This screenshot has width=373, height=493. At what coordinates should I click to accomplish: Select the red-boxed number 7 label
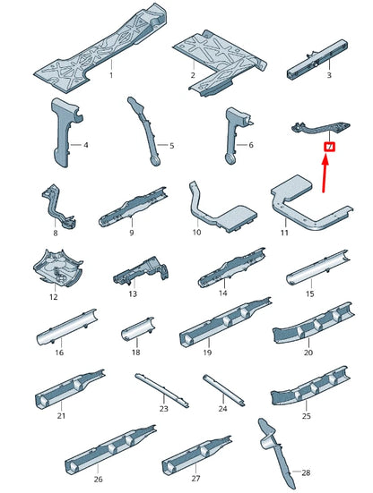pyautogui.click(x=330, y=147)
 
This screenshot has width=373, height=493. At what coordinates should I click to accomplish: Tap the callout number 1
pyautogui.click(x=111, y=75)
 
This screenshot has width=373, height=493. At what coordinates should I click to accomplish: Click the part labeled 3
pyautogui.click(x=317, y=59)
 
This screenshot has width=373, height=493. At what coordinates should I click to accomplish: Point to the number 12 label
pyautogui.click(x=54, y=297)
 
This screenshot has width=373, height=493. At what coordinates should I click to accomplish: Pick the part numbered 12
pyautogui.click(x=57, y=268)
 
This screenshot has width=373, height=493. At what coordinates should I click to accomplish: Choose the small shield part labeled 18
pyautogui.click(x=138, y=329)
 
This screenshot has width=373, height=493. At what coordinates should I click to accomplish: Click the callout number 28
pyautogui.click(x=306, y=472)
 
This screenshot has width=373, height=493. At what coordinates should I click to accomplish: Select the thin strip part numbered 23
pyautogui.click(x=162, y=390)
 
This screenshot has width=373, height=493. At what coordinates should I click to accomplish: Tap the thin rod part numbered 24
pyautogui.click(x=223, y=390)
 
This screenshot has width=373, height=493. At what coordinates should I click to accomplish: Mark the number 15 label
pyautogui.click(x=310, y=293)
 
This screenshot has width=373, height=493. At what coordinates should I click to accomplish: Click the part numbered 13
pyautogui.click(x=141, y=271)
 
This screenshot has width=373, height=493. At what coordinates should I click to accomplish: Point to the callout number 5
pyautogui.click(x=171, y=146)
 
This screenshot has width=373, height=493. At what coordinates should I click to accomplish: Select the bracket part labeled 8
pyautogui.click(x=58, y=207)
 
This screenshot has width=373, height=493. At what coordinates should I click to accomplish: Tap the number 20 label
pyautogui.click(x=308, y=353)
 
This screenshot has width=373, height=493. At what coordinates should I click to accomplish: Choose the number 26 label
pyautogui.click(x=99, y=479)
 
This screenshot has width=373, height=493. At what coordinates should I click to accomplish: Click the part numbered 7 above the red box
pyautogui.click(x=320, y=129)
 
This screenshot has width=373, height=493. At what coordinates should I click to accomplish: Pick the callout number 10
pyautogui.click(x=196, y=232)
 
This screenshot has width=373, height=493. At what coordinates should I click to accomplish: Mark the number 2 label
pyautogui.click(x=193, y=75)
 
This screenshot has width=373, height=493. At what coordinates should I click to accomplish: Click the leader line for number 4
pyautogui.click(x=76, y=145)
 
